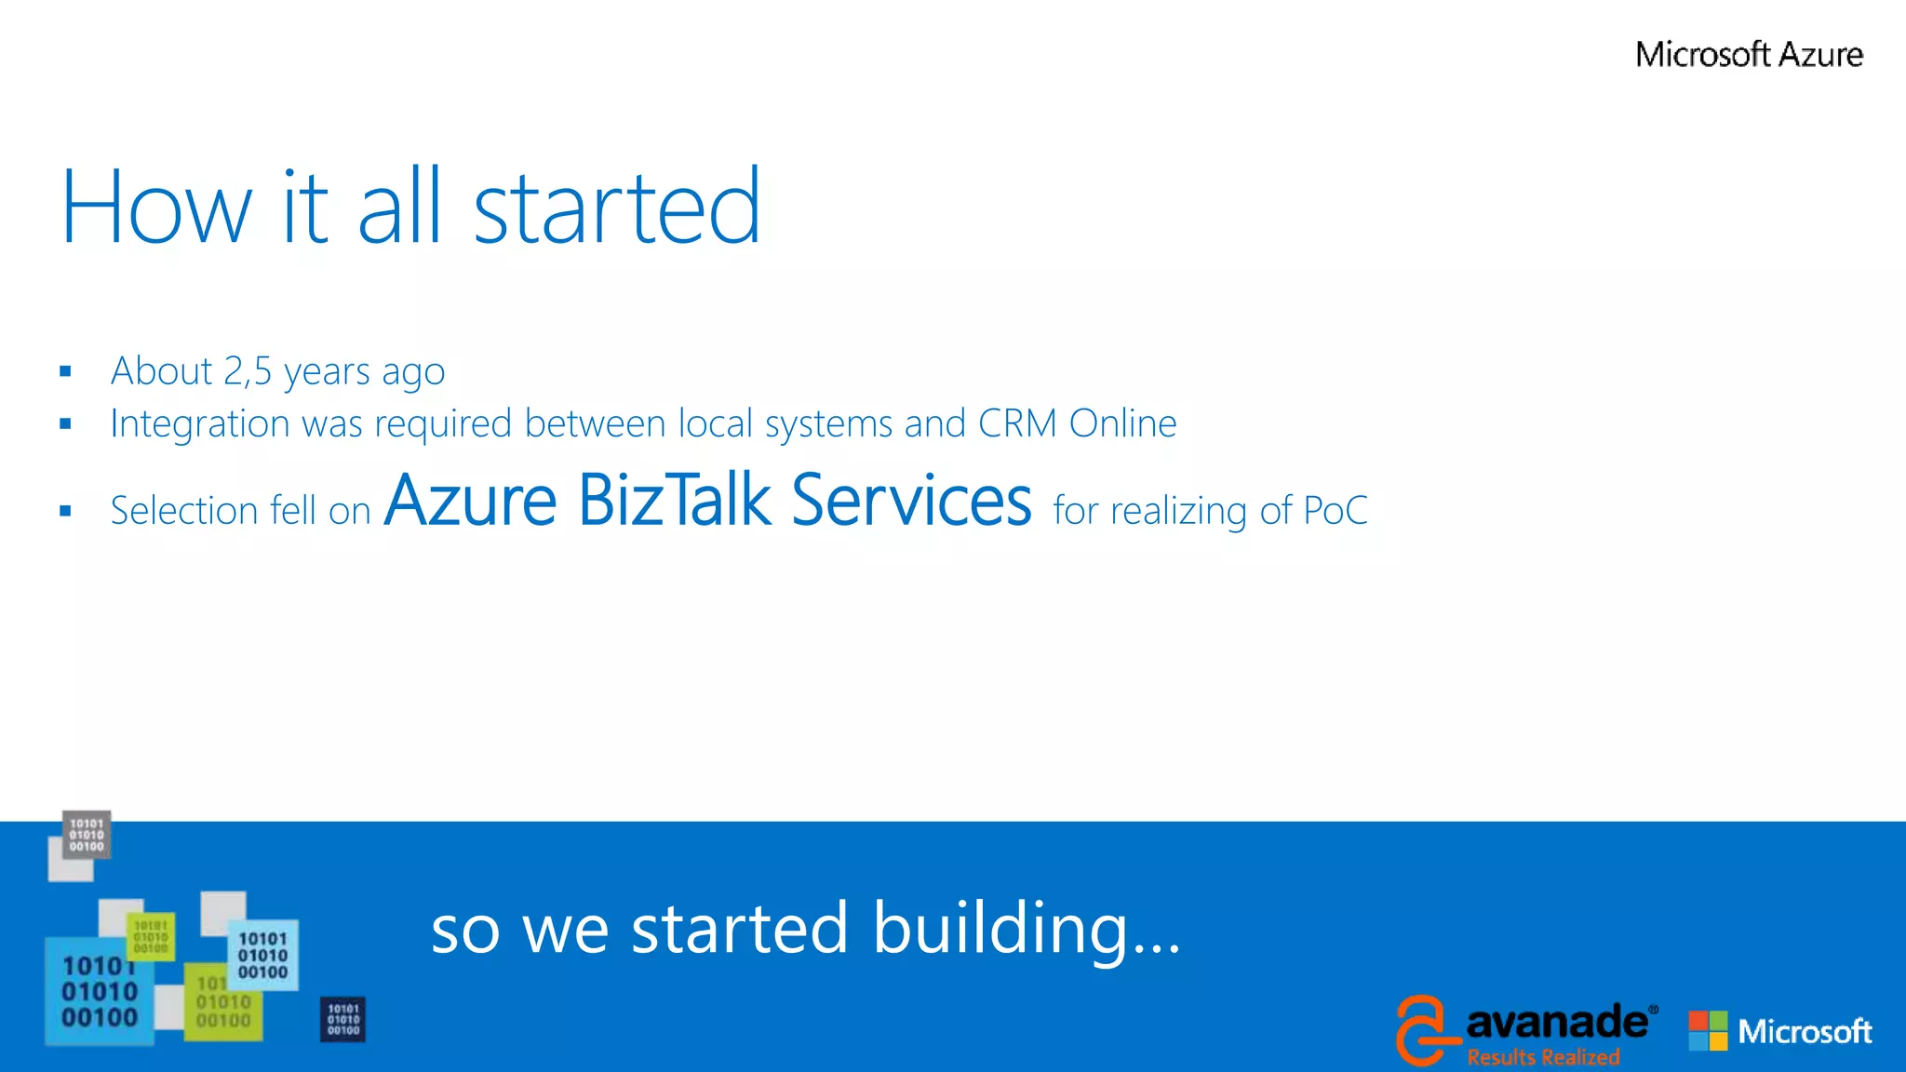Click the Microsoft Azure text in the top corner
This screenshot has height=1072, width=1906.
click(x=1749, y=55)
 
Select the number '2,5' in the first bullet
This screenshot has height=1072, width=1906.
click(x=248, y=371)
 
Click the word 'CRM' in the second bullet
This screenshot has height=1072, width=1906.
click(x=1017, y=424)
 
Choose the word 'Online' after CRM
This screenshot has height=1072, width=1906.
click(x=1122, y=424)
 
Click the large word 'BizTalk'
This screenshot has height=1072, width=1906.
click(x=675, y=501)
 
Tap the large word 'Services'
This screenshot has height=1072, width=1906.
click(x=911, y=501)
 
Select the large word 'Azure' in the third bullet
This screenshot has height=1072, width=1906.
click(x=471, y=501)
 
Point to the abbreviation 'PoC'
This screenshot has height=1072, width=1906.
click(x=1336, y=511)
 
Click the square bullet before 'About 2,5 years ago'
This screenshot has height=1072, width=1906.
click(x=65, y=372)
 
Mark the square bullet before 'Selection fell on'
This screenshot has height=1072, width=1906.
click(x=65, y=511)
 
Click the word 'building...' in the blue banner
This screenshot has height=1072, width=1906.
click(x=1027, y=929)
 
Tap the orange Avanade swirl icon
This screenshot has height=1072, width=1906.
click(x=1425, y=1030)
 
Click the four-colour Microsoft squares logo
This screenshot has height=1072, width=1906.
click(x=1708, y=1031)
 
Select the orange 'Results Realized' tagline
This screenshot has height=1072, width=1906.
click(x=1543, y=1057)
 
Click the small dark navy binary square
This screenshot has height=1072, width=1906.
click(x=343, y=1019)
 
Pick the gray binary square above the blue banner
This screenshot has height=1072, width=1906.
click(x=87, y=835)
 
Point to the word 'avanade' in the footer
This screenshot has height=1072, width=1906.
click(x=1556, y=1022)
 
